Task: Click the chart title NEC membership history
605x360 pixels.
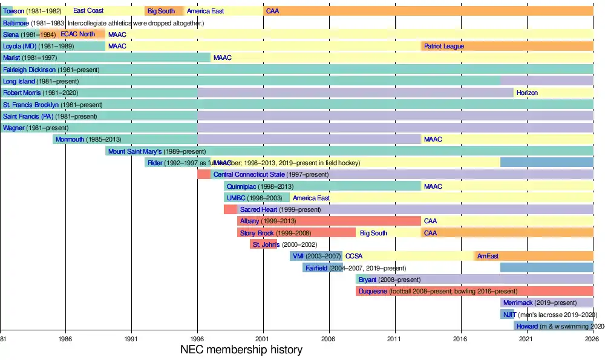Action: [241, 350]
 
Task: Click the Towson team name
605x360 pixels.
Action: [13, 11]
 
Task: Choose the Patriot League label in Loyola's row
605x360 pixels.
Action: [443, 46]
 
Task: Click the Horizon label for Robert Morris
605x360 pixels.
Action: [527, 93]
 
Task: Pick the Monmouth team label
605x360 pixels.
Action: [70, 139]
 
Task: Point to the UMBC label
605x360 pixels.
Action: [236, 198]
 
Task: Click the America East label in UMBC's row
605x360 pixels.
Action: [311, 198]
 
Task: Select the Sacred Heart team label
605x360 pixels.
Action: [258, 209]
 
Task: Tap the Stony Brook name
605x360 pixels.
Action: [257, 233]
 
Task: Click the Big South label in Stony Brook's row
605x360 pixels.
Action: [373, 233]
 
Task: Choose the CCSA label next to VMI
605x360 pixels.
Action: [354, 256]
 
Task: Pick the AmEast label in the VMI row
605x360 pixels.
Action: [488, 256]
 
